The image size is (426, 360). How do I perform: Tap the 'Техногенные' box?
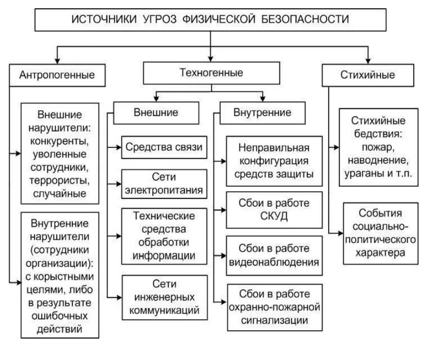(x=211, y=73)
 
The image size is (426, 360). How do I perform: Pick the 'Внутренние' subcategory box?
(x=262, y=113)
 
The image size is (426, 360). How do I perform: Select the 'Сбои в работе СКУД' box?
(x=274, y=209)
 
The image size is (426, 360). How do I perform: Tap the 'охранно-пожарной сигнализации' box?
(x=274, y=307)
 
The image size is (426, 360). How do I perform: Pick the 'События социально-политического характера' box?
(x=379, y=233)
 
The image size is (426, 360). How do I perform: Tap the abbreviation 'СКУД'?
(x=274, y=216)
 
